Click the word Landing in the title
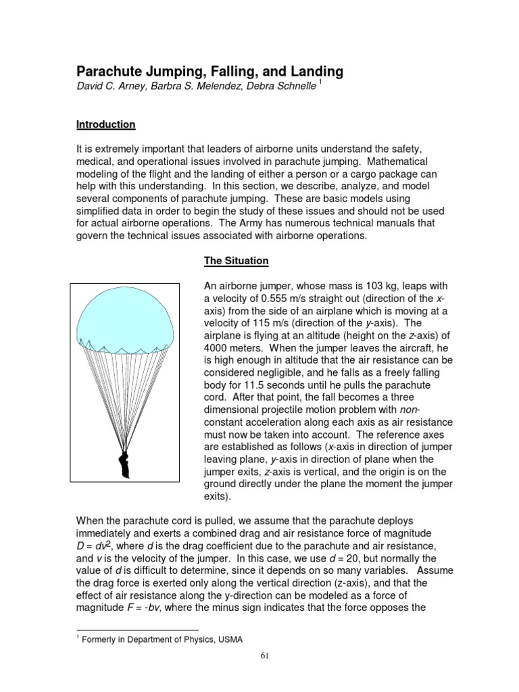pyautogui.click(x=310, y=71)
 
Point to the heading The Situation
pyautogui.click(x=237, y=260)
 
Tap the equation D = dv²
pyautogui.click(x=99, y=545)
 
